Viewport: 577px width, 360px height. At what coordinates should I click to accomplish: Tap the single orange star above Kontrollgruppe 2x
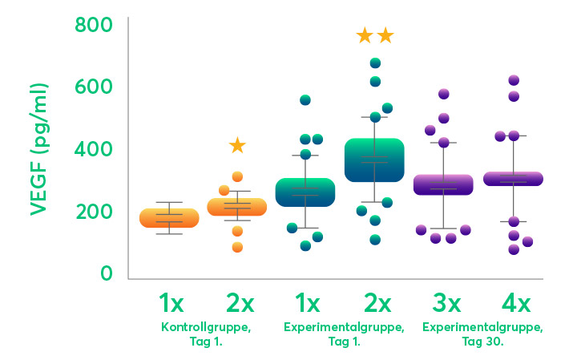point(237,145)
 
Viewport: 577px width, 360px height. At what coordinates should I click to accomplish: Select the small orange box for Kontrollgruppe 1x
point(169,218)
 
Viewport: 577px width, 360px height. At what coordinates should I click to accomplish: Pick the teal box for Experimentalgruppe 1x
point(305,192)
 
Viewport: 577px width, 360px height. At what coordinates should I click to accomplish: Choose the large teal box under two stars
point(374,160)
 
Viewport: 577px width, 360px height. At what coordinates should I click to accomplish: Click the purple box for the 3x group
point(443,184)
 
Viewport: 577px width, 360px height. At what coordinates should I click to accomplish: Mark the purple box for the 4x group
point(514,179)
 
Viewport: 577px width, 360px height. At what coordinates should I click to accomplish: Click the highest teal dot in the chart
point(375,63)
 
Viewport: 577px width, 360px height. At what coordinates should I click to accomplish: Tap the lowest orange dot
point(237,247)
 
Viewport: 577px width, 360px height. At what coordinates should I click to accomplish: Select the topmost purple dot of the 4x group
point(514,80)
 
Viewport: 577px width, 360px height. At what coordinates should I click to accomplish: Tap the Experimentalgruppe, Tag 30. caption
point(482,334)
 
